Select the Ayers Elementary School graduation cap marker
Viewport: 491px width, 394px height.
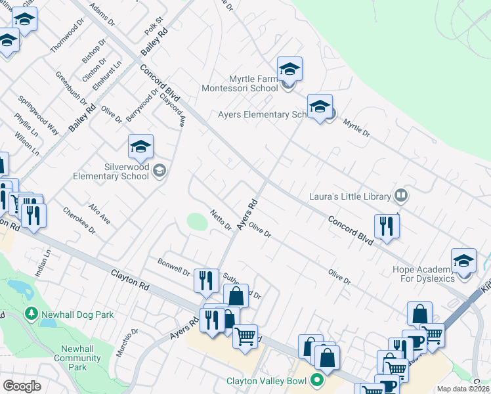[320, 106]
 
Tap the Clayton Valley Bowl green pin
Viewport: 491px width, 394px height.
[317, 380]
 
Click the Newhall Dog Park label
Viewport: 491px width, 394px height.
[77, 315]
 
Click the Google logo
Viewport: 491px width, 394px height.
[22, 386]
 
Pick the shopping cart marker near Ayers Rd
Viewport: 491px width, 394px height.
[245, 337]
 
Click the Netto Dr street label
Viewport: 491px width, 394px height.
[221, 219]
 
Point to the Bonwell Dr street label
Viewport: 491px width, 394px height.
[173, 267]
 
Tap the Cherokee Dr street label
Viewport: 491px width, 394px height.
[79, 221]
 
